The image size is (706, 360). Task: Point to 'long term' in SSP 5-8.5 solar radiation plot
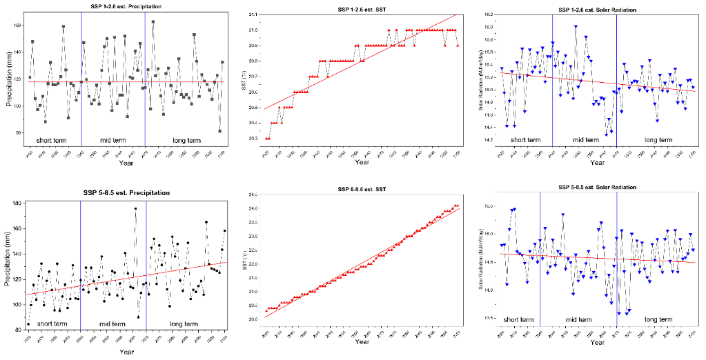point(658,319)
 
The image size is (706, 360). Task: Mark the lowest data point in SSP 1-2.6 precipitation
point(219,131)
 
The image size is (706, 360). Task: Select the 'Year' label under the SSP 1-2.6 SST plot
point(362,162)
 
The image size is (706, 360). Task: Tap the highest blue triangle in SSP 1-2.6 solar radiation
point(576,27)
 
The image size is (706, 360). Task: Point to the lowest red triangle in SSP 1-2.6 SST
point(267,139)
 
